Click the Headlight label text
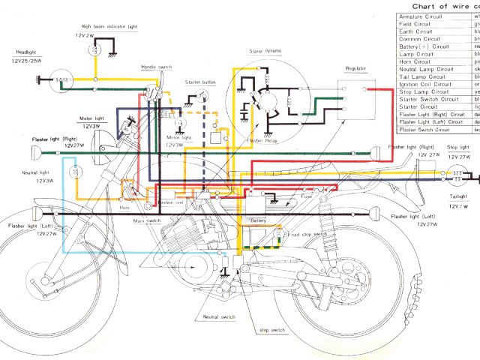tap(22, 52)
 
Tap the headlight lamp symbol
tap(61, 78)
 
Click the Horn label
tap(126, 207)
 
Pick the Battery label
tap(259, 221)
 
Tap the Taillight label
tap(457, 196)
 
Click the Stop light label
tap(458, 148)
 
